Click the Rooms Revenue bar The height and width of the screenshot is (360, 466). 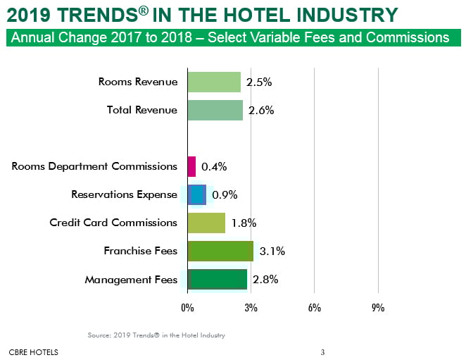tap(214, 82)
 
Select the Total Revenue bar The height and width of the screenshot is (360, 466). tap(215, 110)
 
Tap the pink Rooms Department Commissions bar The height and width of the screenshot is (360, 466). tap(191, 166)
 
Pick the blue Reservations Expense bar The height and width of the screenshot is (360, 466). tap(197, 194)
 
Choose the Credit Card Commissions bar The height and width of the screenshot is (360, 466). tap(206, 223)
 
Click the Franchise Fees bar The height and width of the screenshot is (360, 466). tap(220, 251)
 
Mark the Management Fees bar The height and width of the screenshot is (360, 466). tap(218, 279)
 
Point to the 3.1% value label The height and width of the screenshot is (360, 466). tap(271, 251)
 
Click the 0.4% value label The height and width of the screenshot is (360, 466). tap(214, 167)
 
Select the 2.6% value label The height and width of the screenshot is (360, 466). tap(261, 111)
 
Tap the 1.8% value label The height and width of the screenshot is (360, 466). tap(244, 223)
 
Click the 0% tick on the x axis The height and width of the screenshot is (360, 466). tap(187, 308)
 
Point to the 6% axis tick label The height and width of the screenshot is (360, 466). tap(314, 308)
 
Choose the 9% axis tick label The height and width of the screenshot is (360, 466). tap(378, 308)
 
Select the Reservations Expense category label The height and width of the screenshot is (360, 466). tap(125, 194)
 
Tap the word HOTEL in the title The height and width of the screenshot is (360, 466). tap(253, 14)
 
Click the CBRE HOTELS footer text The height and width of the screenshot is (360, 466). tap(34, 352)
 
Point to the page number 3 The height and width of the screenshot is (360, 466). tap(322, 352)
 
